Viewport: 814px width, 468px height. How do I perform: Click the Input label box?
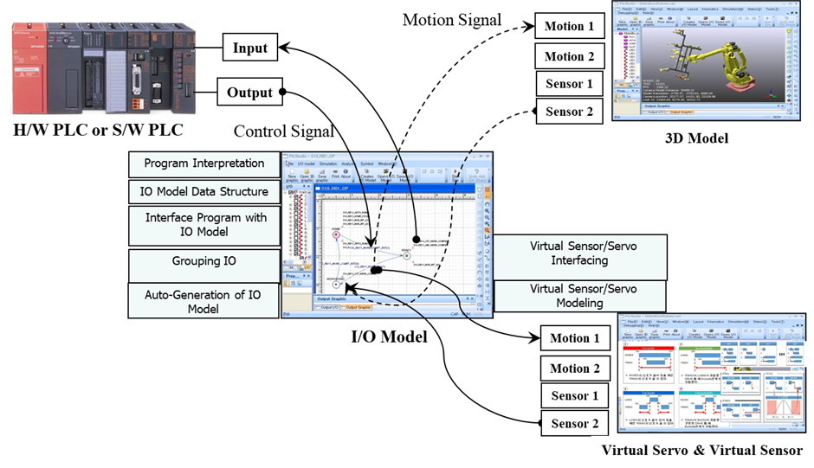coord(250,48)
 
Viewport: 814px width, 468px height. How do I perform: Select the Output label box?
coord(250,93)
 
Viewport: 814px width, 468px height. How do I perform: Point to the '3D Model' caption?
coord(696,138)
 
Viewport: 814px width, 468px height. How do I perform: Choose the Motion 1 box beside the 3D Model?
coord(569,26)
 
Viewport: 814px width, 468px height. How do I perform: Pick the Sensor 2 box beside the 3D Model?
coord(569,112)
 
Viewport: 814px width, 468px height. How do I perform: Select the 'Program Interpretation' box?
coord(204,163)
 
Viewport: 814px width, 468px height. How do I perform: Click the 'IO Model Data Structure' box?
coord(204,191)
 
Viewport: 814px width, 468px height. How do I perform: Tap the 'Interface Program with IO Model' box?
coord(204,225)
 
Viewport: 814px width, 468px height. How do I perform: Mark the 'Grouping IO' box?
coord(204,261)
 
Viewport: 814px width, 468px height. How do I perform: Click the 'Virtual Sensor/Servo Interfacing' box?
coord(582,253)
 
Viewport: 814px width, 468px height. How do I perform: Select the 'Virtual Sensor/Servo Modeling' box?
coord(582,296)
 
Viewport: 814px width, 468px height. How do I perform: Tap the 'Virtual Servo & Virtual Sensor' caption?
coord(702,450)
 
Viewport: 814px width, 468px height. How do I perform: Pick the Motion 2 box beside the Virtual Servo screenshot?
coord(574,369)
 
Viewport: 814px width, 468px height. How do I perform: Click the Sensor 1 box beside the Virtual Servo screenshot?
coord(574,396)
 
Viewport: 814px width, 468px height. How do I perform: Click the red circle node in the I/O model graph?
coord(336,234)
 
